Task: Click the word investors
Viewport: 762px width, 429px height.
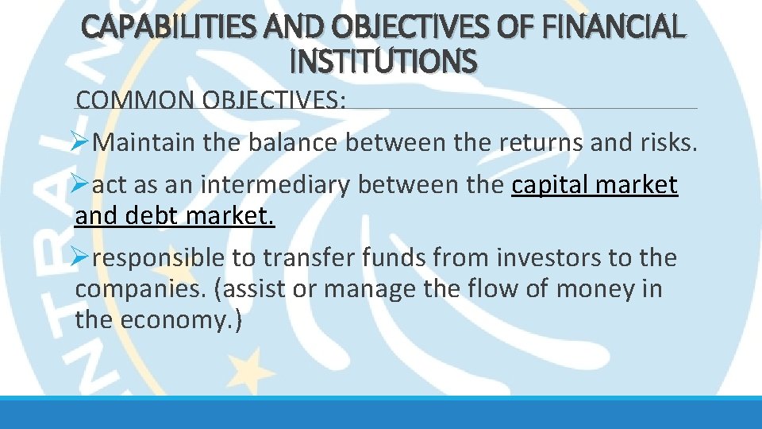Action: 542,257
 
